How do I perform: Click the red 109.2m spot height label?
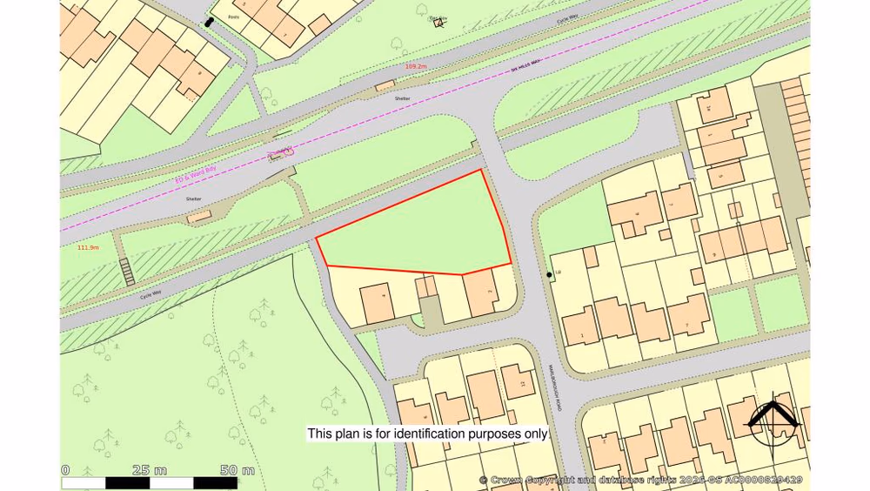416,66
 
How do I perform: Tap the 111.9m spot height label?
88,247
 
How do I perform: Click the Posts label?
233,17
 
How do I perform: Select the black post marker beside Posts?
209,22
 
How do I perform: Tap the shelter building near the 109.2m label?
384,86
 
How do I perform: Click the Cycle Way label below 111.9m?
151,295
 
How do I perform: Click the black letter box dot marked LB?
549,275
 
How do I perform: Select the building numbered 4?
377,303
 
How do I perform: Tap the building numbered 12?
519,382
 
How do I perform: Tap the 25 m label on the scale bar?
150,470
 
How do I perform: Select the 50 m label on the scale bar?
237,470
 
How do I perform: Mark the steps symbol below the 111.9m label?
127,272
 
